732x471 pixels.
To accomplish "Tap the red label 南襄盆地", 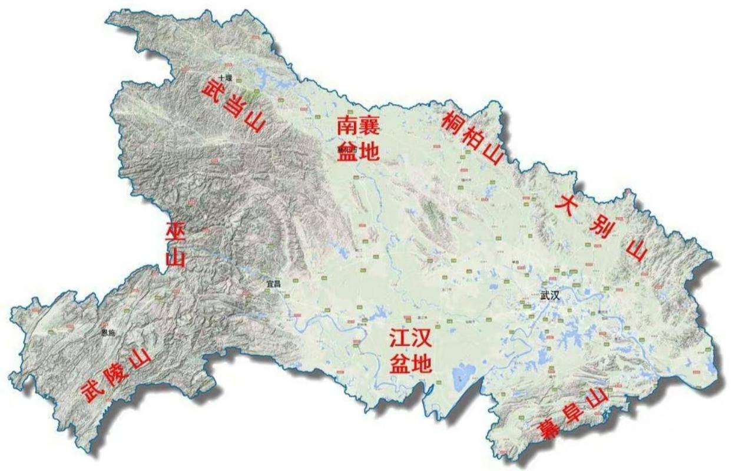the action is (358, 139).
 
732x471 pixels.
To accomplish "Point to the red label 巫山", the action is (175, 244).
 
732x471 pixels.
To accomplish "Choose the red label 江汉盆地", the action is (410, 351).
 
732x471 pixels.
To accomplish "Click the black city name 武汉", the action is (549, 296).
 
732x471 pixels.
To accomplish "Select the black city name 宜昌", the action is (273, 284).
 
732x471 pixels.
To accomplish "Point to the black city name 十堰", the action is (224, 78).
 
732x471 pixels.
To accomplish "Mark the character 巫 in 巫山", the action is (175, 232).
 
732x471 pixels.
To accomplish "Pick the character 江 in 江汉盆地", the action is (399, 339).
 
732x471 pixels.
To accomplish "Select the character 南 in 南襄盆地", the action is (347, 125).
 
